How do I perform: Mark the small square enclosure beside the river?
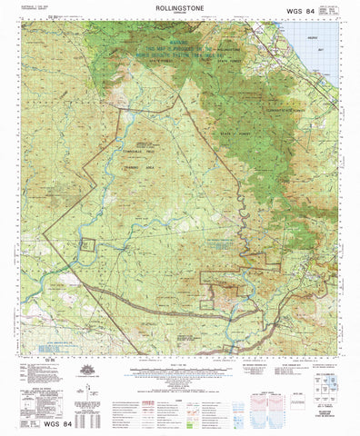[87, 243]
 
